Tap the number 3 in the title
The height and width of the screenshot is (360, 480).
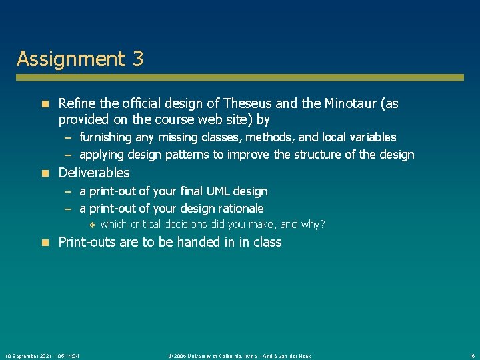click(x=137, y=59)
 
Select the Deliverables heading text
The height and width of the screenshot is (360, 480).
click(x=94, y=173)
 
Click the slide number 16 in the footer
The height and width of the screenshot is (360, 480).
click(x=471, y=356)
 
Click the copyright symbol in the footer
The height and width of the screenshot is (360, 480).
click(x=171, y=356)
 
